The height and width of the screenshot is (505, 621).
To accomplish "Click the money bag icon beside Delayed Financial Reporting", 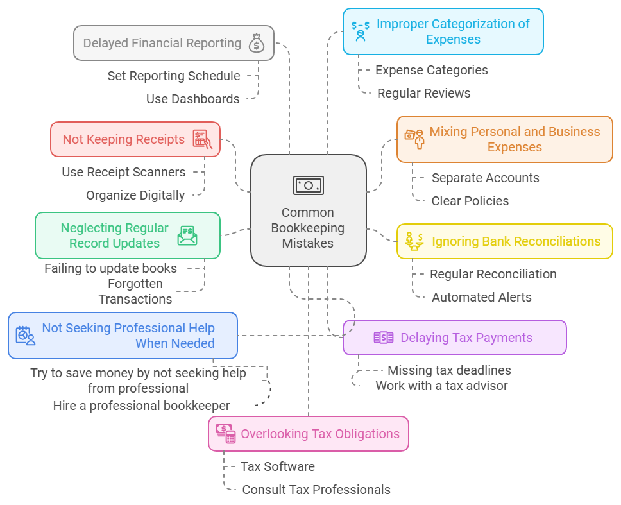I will (x=257, y=43).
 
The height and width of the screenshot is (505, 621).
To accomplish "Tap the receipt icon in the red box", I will (x=202, y=139).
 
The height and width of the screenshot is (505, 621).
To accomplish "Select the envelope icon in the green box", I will (x=187, y=235).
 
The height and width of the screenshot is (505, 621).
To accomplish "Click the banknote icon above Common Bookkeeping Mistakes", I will (x=309, y=185).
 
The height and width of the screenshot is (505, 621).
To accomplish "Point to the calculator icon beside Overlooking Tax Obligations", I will (x=225, y=434).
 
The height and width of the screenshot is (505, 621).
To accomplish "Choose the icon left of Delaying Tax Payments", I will (x=383, y=338).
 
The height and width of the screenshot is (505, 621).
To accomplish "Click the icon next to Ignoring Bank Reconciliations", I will (x=414, y=241).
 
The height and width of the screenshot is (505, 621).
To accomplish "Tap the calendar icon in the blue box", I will (x=26, y=336).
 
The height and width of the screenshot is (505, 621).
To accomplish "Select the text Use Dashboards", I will (x=192, y=99).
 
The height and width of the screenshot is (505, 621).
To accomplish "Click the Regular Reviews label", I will (x=423, y=93).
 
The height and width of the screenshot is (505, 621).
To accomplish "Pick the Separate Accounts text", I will (x=485, y=178).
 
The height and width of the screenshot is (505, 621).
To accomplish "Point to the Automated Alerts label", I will (x=481, y=297).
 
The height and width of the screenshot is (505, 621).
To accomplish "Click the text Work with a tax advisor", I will (x=441, y=386).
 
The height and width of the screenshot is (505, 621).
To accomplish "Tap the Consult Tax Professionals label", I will (x=316, y=490).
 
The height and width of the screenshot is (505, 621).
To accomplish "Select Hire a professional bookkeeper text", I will (x=141, y=406).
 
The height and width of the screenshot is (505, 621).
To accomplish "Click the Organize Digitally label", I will (x=135, y=195).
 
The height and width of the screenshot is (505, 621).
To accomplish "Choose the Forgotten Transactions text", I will (x=135, y=291).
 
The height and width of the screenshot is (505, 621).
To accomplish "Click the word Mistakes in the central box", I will (x=308, y=243).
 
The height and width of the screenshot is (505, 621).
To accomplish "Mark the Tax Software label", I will (x=277, y=466).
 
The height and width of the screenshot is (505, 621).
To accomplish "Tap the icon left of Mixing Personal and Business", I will (x=414, y=138).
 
